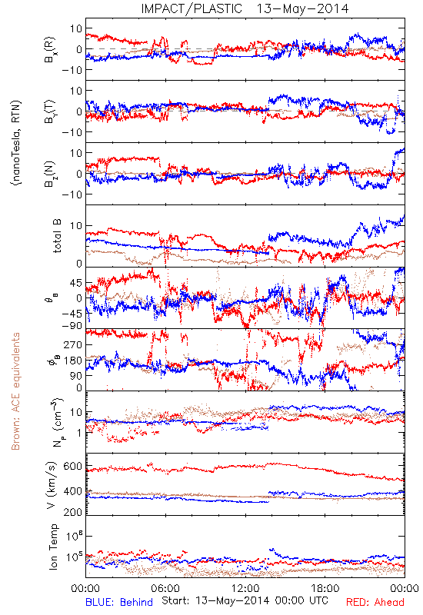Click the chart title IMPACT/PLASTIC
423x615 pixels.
point(192,8)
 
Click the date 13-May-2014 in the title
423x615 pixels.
point(302,8)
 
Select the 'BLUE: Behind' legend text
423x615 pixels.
point(119,602)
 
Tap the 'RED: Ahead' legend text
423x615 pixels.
point(375,602)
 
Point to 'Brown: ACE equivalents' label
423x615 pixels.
point(15,391)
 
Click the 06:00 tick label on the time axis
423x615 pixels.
point(165,588)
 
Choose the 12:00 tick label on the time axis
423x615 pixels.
point(245,588)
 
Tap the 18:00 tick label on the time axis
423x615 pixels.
point(325,588)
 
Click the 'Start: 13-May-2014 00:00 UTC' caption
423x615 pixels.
point(245,600)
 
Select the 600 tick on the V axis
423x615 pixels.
point(72,466)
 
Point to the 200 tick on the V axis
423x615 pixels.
point(72,511)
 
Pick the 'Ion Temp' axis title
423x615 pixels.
point(53,547)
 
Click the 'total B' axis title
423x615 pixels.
point(56,236)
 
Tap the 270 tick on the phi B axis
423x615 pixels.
point(73,344)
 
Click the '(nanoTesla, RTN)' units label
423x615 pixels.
point(16,142)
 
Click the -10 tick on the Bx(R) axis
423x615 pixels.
point(72,70)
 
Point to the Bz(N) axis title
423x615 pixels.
point(50,174)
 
